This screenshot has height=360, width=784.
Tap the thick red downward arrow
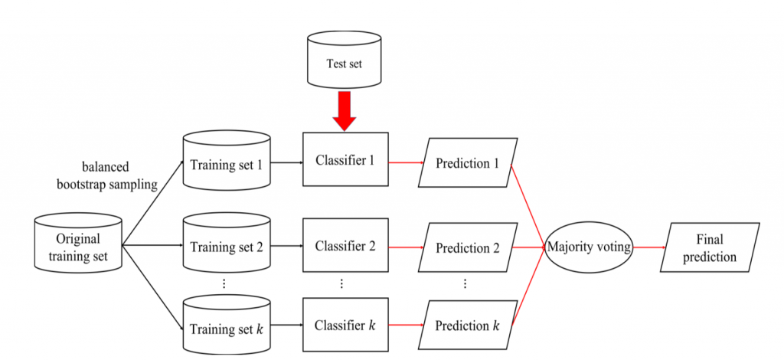345,110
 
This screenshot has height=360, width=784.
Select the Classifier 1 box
345,161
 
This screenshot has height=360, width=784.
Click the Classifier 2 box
345,247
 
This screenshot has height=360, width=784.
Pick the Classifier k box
345,326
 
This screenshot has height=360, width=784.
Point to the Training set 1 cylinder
226,163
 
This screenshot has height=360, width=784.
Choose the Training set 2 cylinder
226,247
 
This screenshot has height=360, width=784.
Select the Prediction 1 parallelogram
467,163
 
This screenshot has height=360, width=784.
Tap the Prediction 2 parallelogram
467,247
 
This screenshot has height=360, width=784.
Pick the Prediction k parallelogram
467,326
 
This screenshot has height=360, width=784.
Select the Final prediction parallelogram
710,247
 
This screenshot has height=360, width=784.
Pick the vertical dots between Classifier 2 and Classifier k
342,283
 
